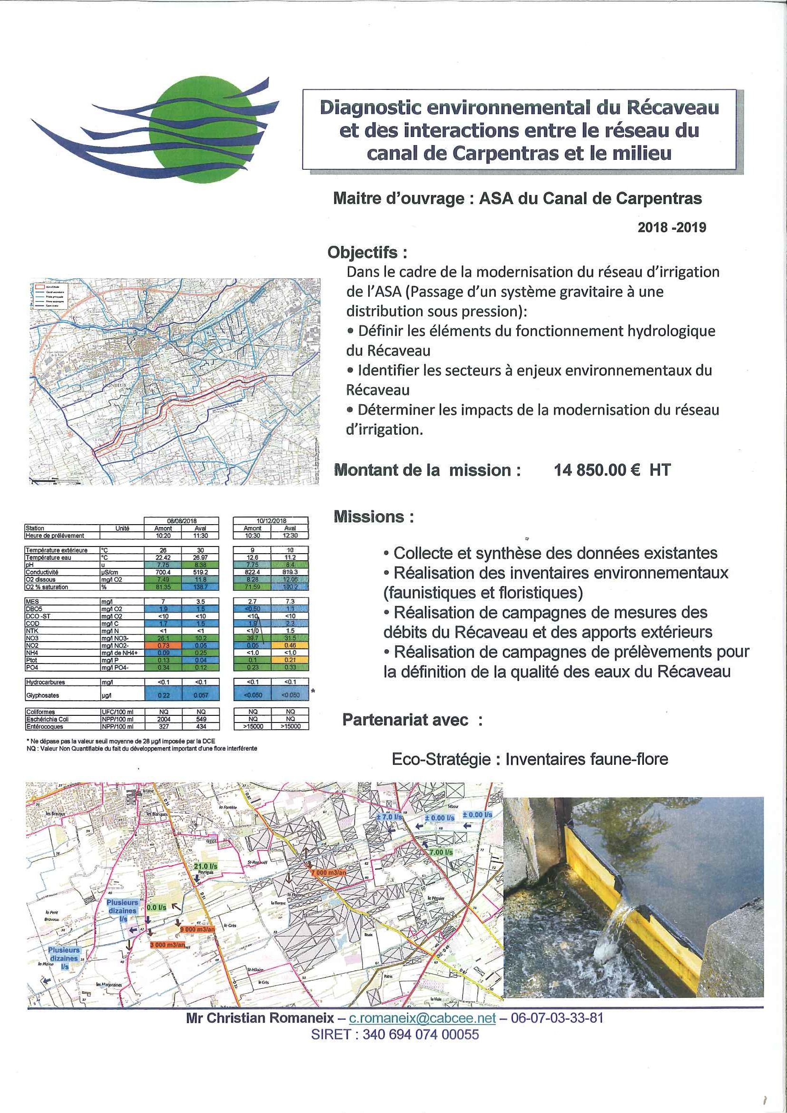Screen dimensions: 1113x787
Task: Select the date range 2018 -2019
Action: [671, 227]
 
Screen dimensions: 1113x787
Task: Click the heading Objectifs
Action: [367, 253]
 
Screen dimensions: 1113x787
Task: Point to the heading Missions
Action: [374, 517]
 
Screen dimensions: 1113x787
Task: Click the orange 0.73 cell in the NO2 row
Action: [163, 645]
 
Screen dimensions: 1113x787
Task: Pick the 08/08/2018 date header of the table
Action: [181, 521]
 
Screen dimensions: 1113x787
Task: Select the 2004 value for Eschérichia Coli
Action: [163, 719]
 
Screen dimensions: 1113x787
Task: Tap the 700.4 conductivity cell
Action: [163, 572]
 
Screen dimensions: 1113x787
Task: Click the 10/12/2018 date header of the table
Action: [271, 521]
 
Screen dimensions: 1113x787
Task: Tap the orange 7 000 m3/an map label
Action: [329, 872]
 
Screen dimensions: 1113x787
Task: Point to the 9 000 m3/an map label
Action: [197, 929]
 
